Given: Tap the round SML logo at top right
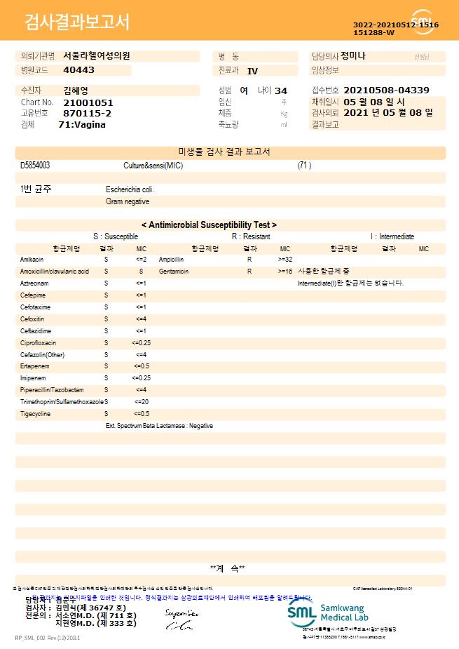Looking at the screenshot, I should (423, 22).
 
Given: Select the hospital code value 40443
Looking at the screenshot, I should (78, 70).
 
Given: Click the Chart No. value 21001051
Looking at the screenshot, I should (88, 102).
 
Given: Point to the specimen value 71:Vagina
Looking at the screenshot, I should (82, 125).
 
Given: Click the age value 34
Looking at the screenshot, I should (281, 91).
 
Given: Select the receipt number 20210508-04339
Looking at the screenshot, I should (387, 91).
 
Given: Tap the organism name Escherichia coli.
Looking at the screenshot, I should (130, 189).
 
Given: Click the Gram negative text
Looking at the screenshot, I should (128, 202).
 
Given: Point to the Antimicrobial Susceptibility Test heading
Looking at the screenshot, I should (209, 225).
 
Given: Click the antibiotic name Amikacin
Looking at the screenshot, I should (32, 259).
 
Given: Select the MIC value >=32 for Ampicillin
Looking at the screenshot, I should (285, 259).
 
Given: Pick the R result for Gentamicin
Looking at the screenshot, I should (249, 271).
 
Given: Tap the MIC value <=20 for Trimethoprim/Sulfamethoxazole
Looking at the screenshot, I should (141, 402).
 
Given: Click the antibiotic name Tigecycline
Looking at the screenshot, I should (35, 414).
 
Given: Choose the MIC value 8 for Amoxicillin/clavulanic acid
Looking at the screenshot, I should (141, 271).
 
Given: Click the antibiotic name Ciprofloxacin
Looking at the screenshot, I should (38, 342).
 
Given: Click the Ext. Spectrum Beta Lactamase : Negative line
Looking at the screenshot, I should (159, 426).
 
